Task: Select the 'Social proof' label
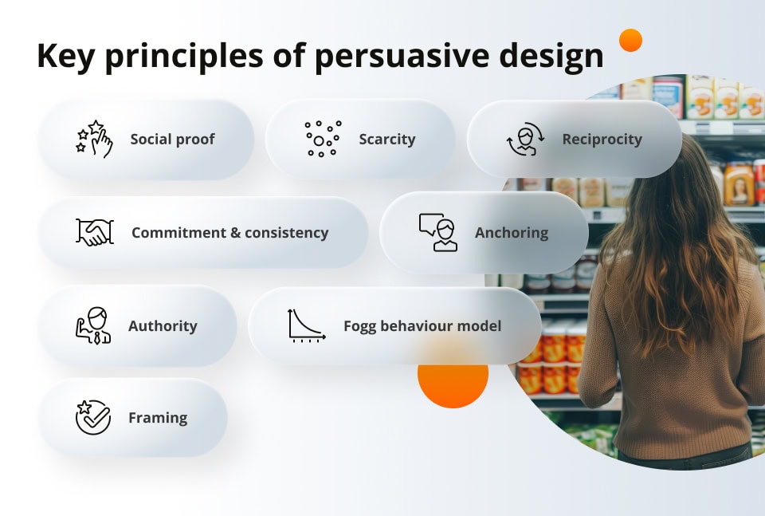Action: tap(172, 140)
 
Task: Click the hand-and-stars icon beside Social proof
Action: tap(93, 139)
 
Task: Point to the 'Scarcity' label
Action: tap(386, 140)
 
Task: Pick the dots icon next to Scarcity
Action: tap(322, 139)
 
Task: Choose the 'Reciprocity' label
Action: tap(602, 140)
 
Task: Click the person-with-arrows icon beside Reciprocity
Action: tap(525, 140)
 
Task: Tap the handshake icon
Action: tap(95, 233)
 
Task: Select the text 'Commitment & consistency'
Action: tap(229, 233)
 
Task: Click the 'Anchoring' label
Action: tap(512, 233)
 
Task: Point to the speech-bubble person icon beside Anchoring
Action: tap(438, 232)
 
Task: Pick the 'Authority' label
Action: tap(163, 326)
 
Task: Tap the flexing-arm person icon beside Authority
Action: tap(93, 325)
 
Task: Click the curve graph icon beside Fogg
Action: tap(306, 325)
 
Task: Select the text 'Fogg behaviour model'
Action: tap(422, 326)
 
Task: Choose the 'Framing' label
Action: tap(158, 418)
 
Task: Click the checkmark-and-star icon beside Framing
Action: tap(92, 417)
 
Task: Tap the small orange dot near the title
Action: tap(630, 40)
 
